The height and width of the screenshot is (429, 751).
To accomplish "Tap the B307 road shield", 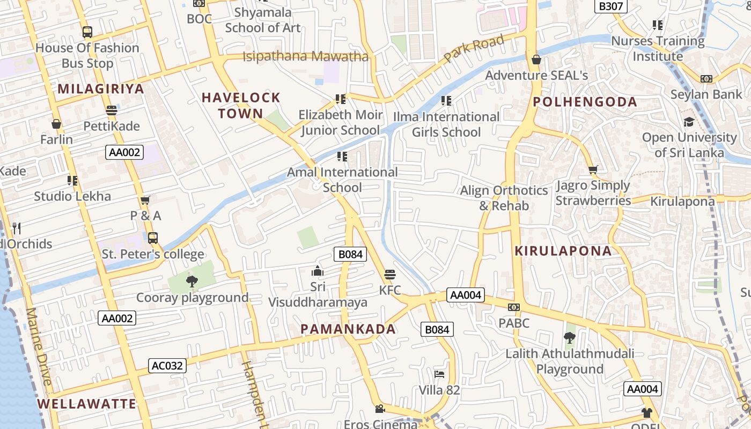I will click(x=611, y=6).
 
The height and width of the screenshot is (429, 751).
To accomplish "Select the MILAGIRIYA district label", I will click(x=101, y=89).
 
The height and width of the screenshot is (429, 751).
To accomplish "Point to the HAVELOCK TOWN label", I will click(x=241, y=106).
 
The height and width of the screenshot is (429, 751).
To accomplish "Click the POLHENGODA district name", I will click(x=585, y=102).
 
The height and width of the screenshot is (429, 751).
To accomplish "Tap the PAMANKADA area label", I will click(x=348, y=329).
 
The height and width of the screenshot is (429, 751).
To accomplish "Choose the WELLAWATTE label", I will click(x=87, y=404).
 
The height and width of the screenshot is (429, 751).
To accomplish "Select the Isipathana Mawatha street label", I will click(x=306, y=56).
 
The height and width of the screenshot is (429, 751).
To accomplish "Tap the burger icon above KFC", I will click(x=390, y=275).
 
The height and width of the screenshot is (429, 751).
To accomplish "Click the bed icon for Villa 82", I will click(x=439, y=374).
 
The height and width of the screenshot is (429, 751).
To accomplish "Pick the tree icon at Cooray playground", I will click(x=192, y=281).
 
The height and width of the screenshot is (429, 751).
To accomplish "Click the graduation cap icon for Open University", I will click(x=689, y=122).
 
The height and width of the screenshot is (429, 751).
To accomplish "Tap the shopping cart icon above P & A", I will click(x=145, y=201).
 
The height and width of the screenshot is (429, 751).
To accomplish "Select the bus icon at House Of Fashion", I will click(x=87, y=32).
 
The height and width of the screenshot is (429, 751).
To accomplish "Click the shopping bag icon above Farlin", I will click(x=56, y=124).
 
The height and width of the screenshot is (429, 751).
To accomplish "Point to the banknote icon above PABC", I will click(x=513, y=307).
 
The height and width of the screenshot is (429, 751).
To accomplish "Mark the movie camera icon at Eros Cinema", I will click(x=380, y=409).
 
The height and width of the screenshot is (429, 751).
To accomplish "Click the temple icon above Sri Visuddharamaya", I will click(x=318, y=271).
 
